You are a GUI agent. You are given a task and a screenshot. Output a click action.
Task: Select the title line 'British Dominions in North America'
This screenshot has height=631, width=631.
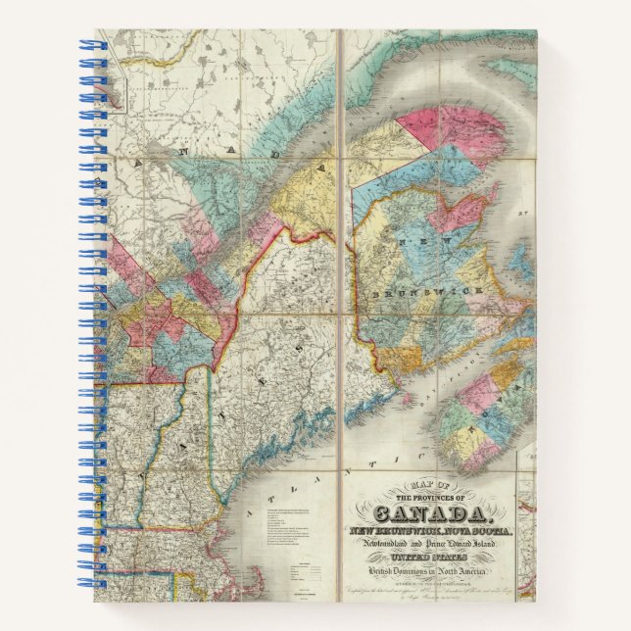click(x=428, y=570)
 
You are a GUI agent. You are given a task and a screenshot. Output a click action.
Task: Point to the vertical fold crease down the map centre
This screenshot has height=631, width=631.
click(x=338, y=294)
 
